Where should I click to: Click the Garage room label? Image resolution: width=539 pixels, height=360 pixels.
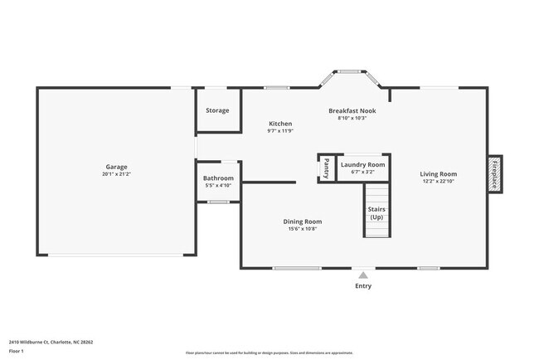pyautogui.click(x=116, y=167)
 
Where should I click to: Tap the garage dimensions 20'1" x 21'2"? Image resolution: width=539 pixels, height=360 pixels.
pyautogui.click(x=116, y=175)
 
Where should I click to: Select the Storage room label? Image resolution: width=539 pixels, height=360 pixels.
pyautogui.click(x=218, y=110)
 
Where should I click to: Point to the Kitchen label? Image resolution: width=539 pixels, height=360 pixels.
pyautogui.click(x=280, y=124)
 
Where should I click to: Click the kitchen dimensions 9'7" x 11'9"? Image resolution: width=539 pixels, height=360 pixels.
pyautogui.click(x=280, y=131)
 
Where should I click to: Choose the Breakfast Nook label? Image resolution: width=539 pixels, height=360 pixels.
pyautogui.click(x=352, y=110)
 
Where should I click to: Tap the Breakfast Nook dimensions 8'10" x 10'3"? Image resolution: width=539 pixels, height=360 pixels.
pyautogui.click(x=352, y=118)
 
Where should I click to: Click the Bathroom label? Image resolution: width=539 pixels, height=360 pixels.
pyautogui.click(x=219, y=178)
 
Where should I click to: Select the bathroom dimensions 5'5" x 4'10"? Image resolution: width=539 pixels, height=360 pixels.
pyautogui.click(x=219, y=186)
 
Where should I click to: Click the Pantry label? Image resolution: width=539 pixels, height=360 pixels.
pyautogui.click(x=326, y=168)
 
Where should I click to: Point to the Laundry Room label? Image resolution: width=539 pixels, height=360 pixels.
pyautogui.click(x=363, y=165)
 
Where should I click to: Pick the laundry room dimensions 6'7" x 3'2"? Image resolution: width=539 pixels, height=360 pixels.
pyautogui.click(x=363, y=173)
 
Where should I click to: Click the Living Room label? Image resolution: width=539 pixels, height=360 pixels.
pyautogui.click(x=439, y=173)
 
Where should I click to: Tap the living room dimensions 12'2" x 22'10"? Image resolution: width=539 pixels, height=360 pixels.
pyautogui.click(x=439, y=181)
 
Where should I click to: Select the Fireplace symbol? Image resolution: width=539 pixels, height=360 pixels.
pyautogui.click(x=494, y=173)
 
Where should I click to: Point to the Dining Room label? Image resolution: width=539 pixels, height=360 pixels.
pyautogui.click(x=303, y=221)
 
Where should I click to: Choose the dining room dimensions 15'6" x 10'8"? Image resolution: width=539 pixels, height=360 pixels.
pyautogui.click(x=303, y=229)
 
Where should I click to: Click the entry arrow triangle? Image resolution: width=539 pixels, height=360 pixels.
pyautogui.click(x=363, y=275)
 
